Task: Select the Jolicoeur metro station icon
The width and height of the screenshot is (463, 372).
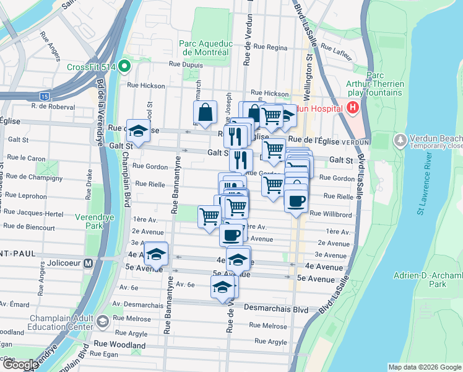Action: (x=88, y=263)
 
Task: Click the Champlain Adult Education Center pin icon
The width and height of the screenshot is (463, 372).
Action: (x=102, y=322)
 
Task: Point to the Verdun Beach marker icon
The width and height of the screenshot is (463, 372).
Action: (x=400, y=139)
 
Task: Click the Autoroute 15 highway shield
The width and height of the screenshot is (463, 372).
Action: (x=44, y=96)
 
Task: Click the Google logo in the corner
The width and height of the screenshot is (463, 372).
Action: (x=20, y=365)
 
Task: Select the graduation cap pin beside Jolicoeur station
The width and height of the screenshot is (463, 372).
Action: (x=156, y=254)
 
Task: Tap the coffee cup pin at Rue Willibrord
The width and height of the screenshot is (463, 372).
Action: (x=296, y=201)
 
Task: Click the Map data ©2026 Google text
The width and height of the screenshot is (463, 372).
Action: (x=425, y=367)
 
